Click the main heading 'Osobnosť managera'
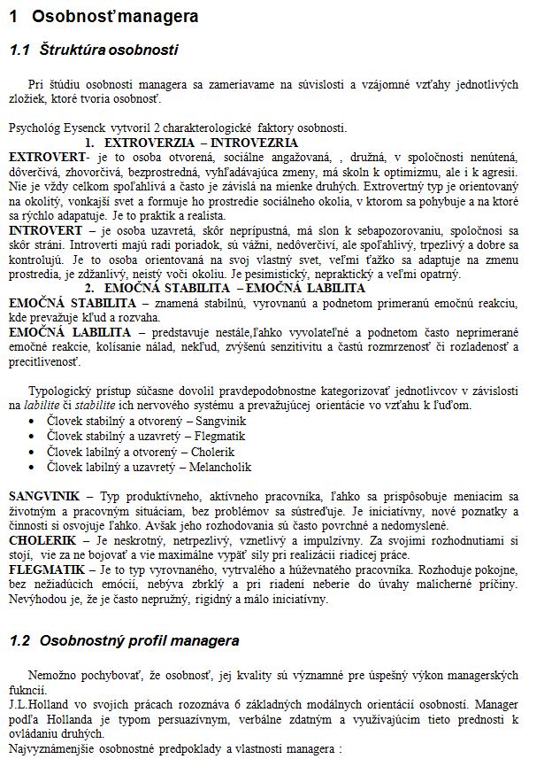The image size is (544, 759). coord(123,16)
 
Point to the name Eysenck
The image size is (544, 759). coord(91,129)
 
